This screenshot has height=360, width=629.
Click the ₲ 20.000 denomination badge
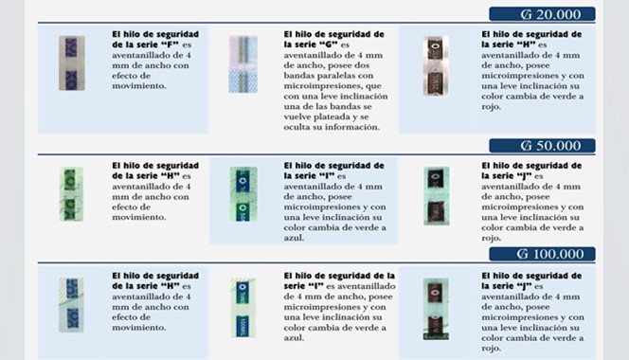tap(542, 14)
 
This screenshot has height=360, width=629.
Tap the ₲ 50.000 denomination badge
tap(542, 145)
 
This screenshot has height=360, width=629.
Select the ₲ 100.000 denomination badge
tap(542, 254)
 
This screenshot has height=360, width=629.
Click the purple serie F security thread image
tap(71, 63)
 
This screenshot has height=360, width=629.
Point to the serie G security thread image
tap(243, 64)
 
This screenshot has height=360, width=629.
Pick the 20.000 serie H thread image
tap(436, 66)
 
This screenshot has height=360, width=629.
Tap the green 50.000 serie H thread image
tap(71, 194)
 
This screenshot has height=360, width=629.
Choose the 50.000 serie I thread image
tap(243, 194)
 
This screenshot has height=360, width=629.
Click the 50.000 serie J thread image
tap(437, 196)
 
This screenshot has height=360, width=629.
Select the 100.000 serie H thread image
tap(71, 305)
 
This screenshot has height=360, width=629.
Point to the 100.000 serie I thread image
tap(243, 308)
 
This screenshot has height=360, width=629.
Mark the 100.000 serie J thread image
tap(436, 309)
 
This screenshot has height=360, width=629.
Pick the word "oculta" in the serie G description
tap(297, 127)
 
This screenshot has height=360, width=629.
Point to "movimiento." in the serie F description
tap(139, 86)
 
